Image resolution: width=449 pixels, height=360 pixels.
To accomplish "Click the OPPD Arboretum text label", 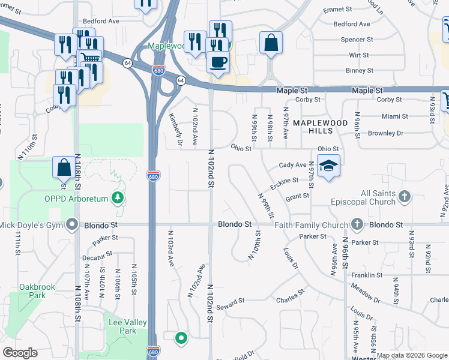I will pos(76,199).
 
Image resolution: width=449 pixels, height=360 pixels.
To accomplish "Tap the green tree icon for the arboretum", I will pos(119,198).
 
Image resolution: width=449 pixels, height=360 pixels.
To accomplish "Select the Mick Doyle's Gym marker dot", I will pos(73,225).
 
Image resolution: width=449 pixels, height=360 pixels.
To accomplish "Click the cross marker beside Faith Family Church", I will pos(357,225).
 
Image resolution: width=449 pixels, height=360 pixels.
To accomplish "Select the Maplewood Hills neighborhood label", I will pos(320,126).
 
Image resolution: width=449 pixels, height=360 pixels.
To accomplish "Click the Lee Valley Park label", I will pos(127,326).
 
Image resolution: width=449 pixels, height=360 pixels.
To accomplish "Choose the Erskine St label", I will pos(284,180).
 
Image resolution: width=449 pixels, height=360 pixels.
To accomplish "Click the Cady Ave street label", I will pos(293,165).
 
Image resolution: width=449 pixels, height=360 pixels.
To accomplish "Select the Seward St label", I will pos(231,301).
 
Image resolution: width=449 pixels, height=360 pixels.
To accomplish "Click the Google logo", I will pos(20,353).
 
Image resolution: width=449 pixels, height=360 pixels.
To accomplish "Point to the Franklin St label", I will pos(367,275).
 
